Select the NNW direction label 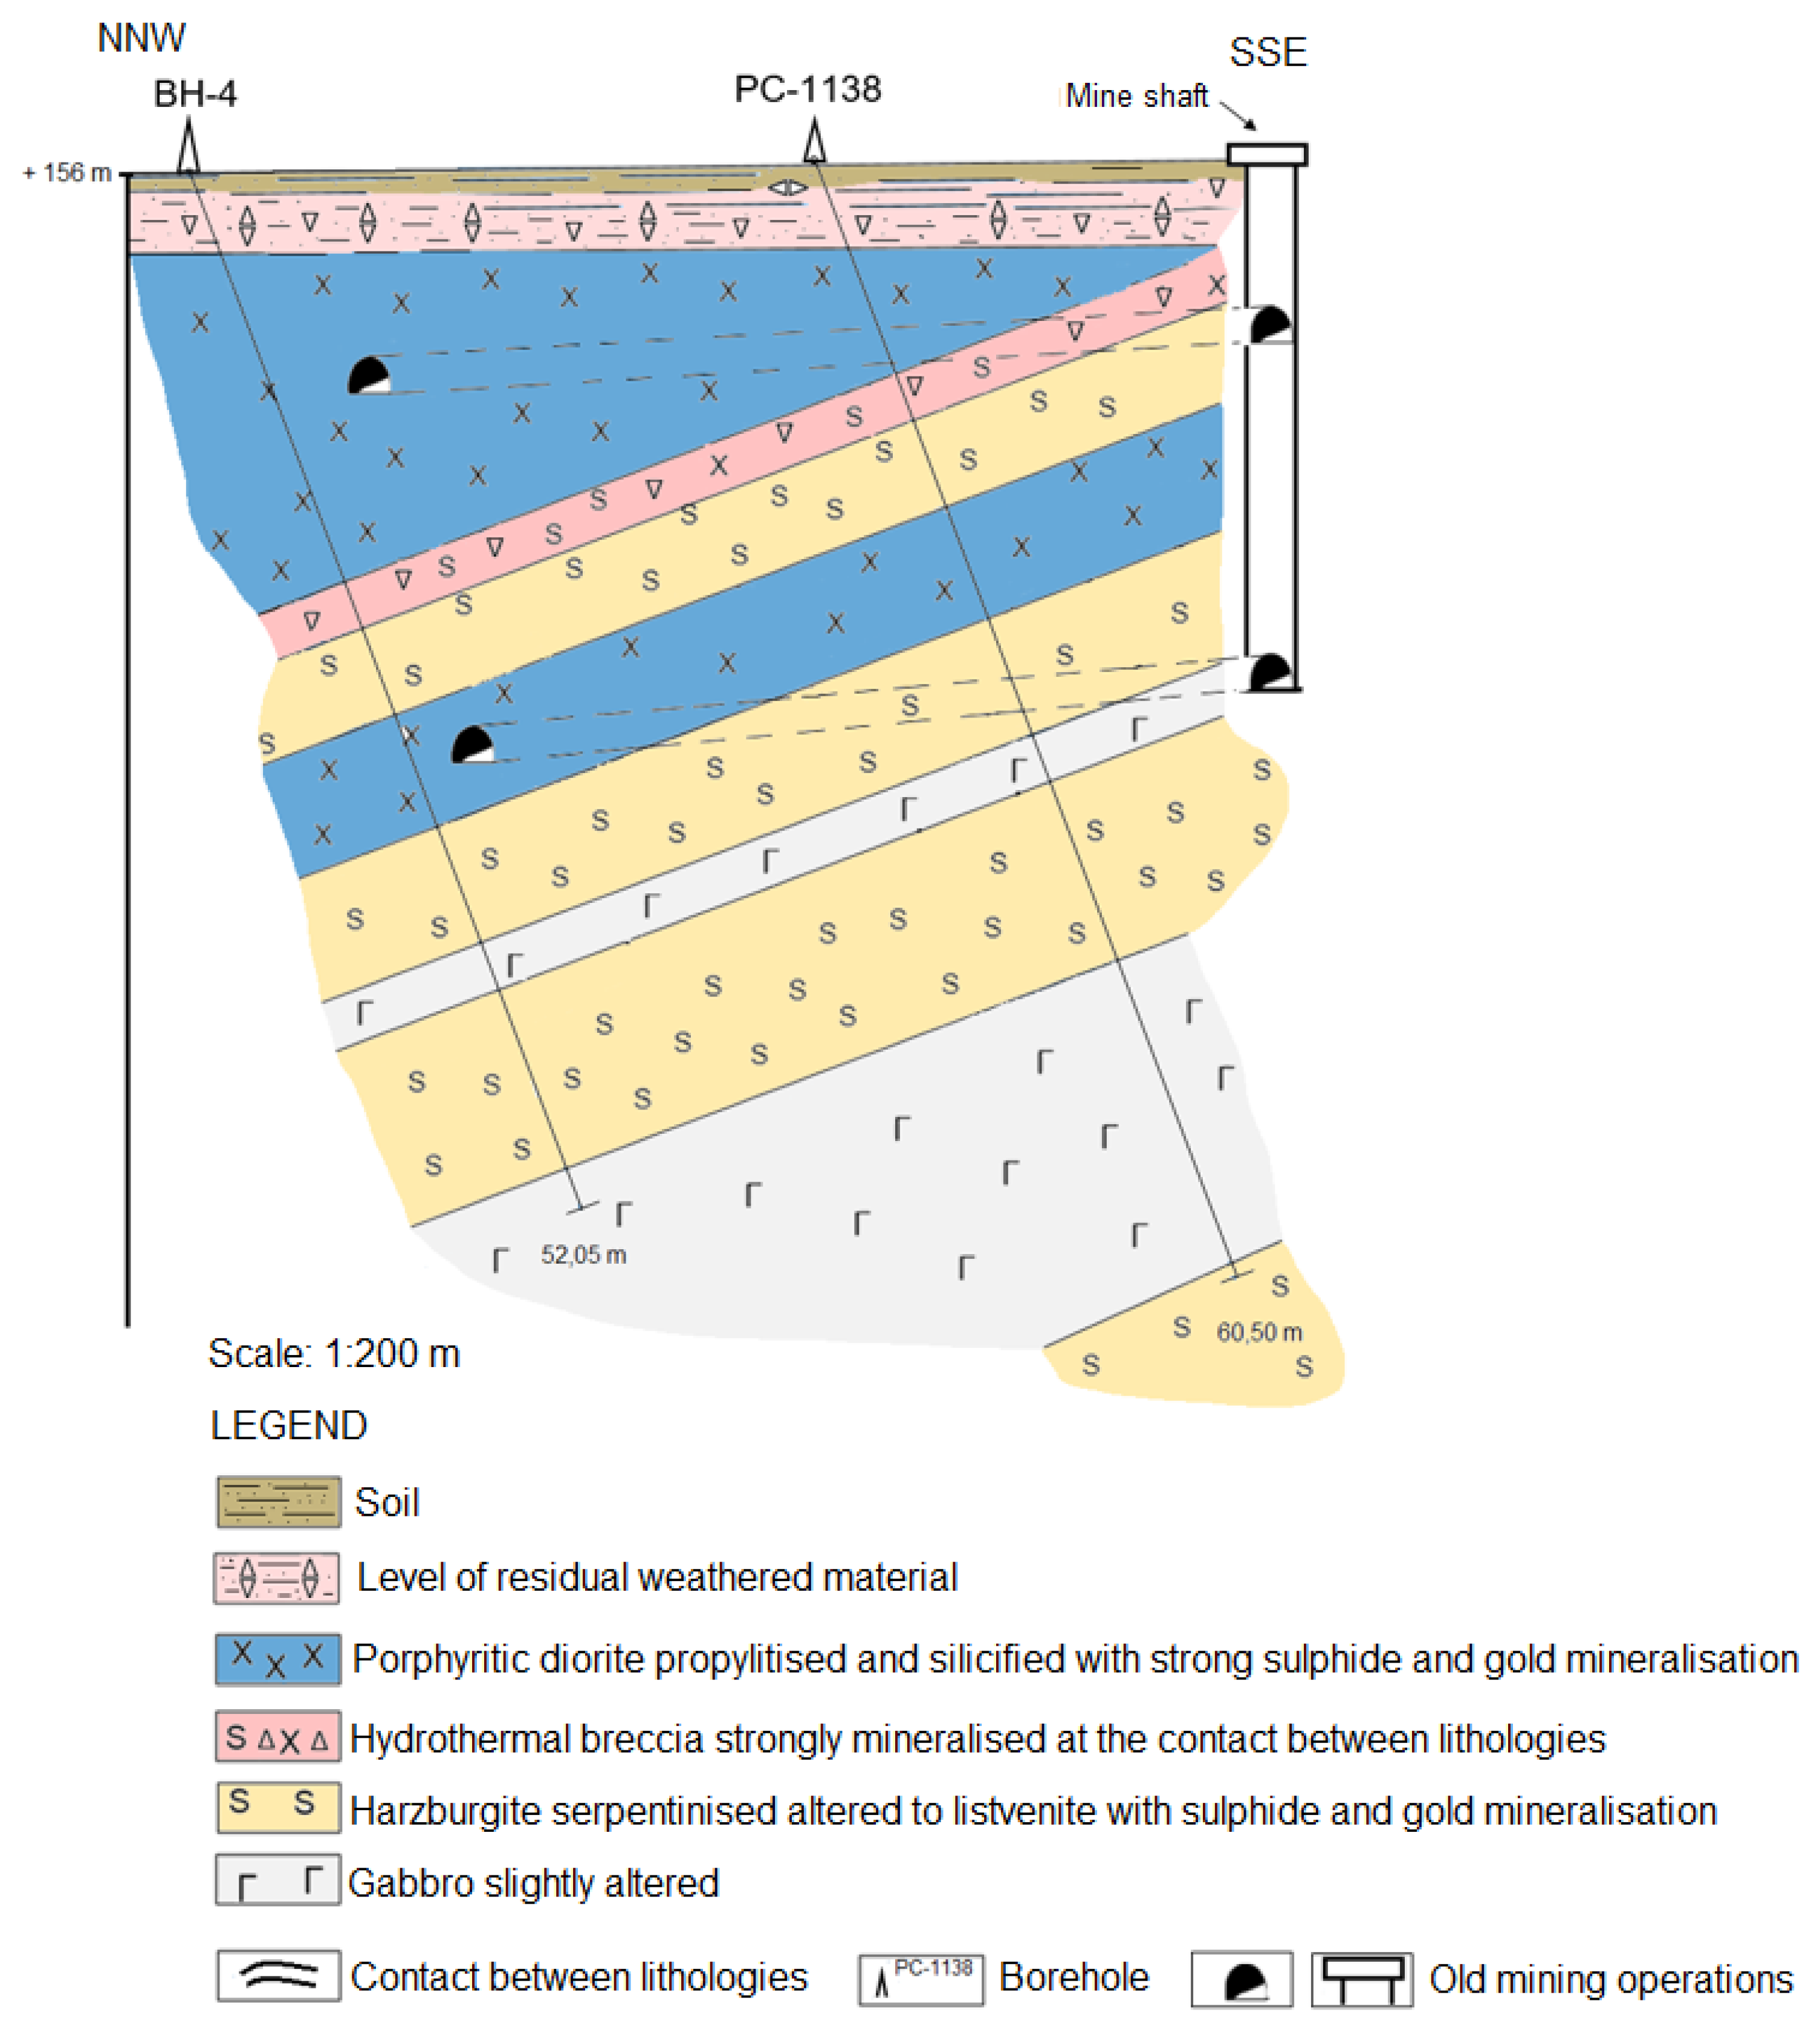[141, 38]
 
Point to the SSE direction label [1267, 52]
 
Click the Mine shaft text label [1136, 96]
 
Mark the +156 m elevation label [67, 173]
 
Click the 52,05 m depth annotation [583, 1255]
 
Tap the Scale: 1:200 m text [334, 1353]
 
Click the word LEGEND [288, 1425]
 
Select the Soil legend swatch [277, 1502]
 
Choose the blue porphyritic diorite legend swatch [277, 1660]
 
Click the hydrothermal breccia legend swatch [277, 1738]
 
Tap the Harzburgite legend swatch [277, 1808]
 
